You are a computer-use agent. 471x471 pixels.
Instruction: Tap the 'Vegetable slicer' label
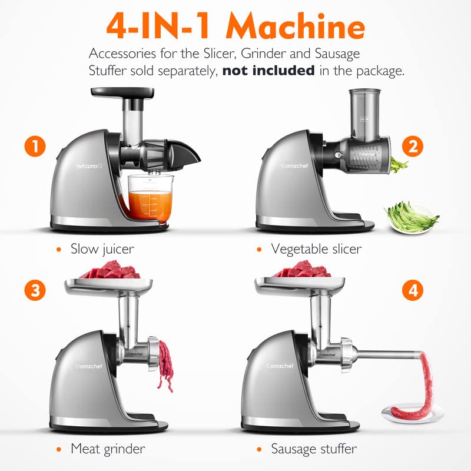click(x=316, y=249)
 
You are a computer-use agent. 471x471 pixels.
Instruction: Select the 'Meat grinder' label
click(x=108, y=449)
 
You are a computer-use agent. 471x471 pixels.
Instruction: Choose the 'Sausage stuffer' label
click(x=314, y=449)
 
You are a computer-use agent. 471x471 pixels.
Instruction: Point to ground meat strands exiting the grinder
click(x=165, y=365)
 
